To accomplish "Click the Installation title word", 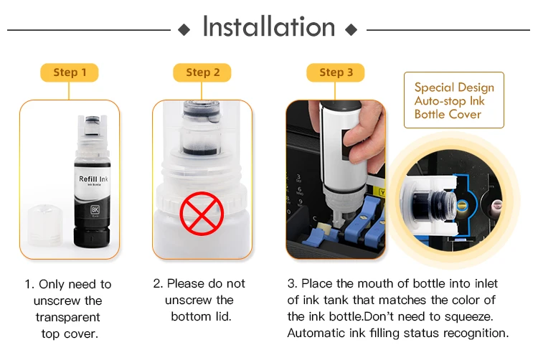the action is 269,27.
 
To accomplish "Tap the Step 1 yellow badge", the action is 70,72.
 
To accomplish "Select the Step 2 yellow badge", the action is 202,72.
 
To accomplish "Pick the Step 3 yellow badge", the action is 336,72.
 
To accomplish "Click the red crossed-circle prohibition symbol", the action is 202,214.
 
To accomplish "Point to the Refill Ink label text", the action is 93,179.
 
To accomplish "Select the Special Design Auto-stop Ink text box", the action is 454,100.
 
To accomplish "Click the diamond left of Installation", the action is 184,30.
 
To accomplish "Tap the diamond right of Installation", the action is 351,30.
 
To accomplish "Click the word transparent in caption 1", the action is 68,317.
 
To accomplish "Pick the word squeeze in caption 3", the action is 468,316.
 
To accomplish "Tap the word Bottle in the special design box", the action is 429,114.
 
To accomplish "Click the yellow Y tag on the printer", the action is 382,193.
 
